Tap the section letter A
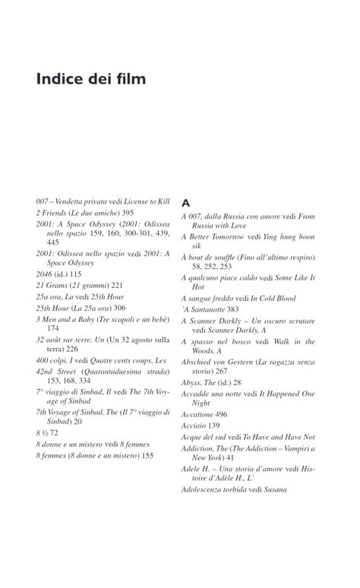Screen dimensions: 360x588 pyautogui.click(x=185, y=204)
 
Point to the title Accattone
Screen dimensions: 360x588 pyautogui.click(x=198, y=414)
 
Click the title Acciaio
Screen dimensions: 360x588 pyautogui.click(x=194, y=425)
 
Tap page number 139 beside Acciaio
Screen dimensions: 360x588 pyautogui.click(x=215, y=425)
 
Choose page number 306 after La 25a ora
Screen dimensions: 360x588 pyautogui.click(x=118, y=308)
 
